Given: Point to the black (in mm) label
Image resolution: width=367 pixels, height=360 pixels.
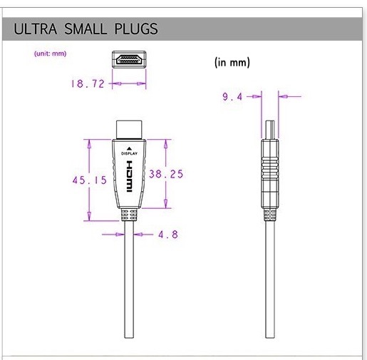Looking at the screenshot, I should coord(232,62).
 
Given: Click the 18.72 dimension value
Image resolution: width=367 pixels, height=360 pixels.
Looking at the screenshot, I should coord(88,83).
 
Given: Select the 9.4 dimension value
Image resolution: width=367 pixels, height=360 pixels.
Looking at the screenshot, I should coord(233,97).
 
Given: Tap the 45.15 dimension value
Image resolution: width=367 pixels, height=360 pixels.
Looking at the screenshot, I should coord(89,180).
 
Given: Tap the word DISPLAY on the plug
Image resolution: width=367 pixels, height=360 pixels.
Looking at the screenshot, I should coord(129,153).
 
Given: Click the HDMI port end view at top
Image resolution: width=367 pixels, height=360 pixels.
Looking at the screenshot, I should coord(129,59).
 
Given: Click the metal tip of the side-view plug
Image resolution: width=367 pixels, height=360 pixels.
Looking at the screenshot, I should coord(269,128).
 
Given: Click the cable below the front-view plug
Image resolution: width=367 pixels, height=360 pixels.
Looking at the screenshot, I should coord(129,285).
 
